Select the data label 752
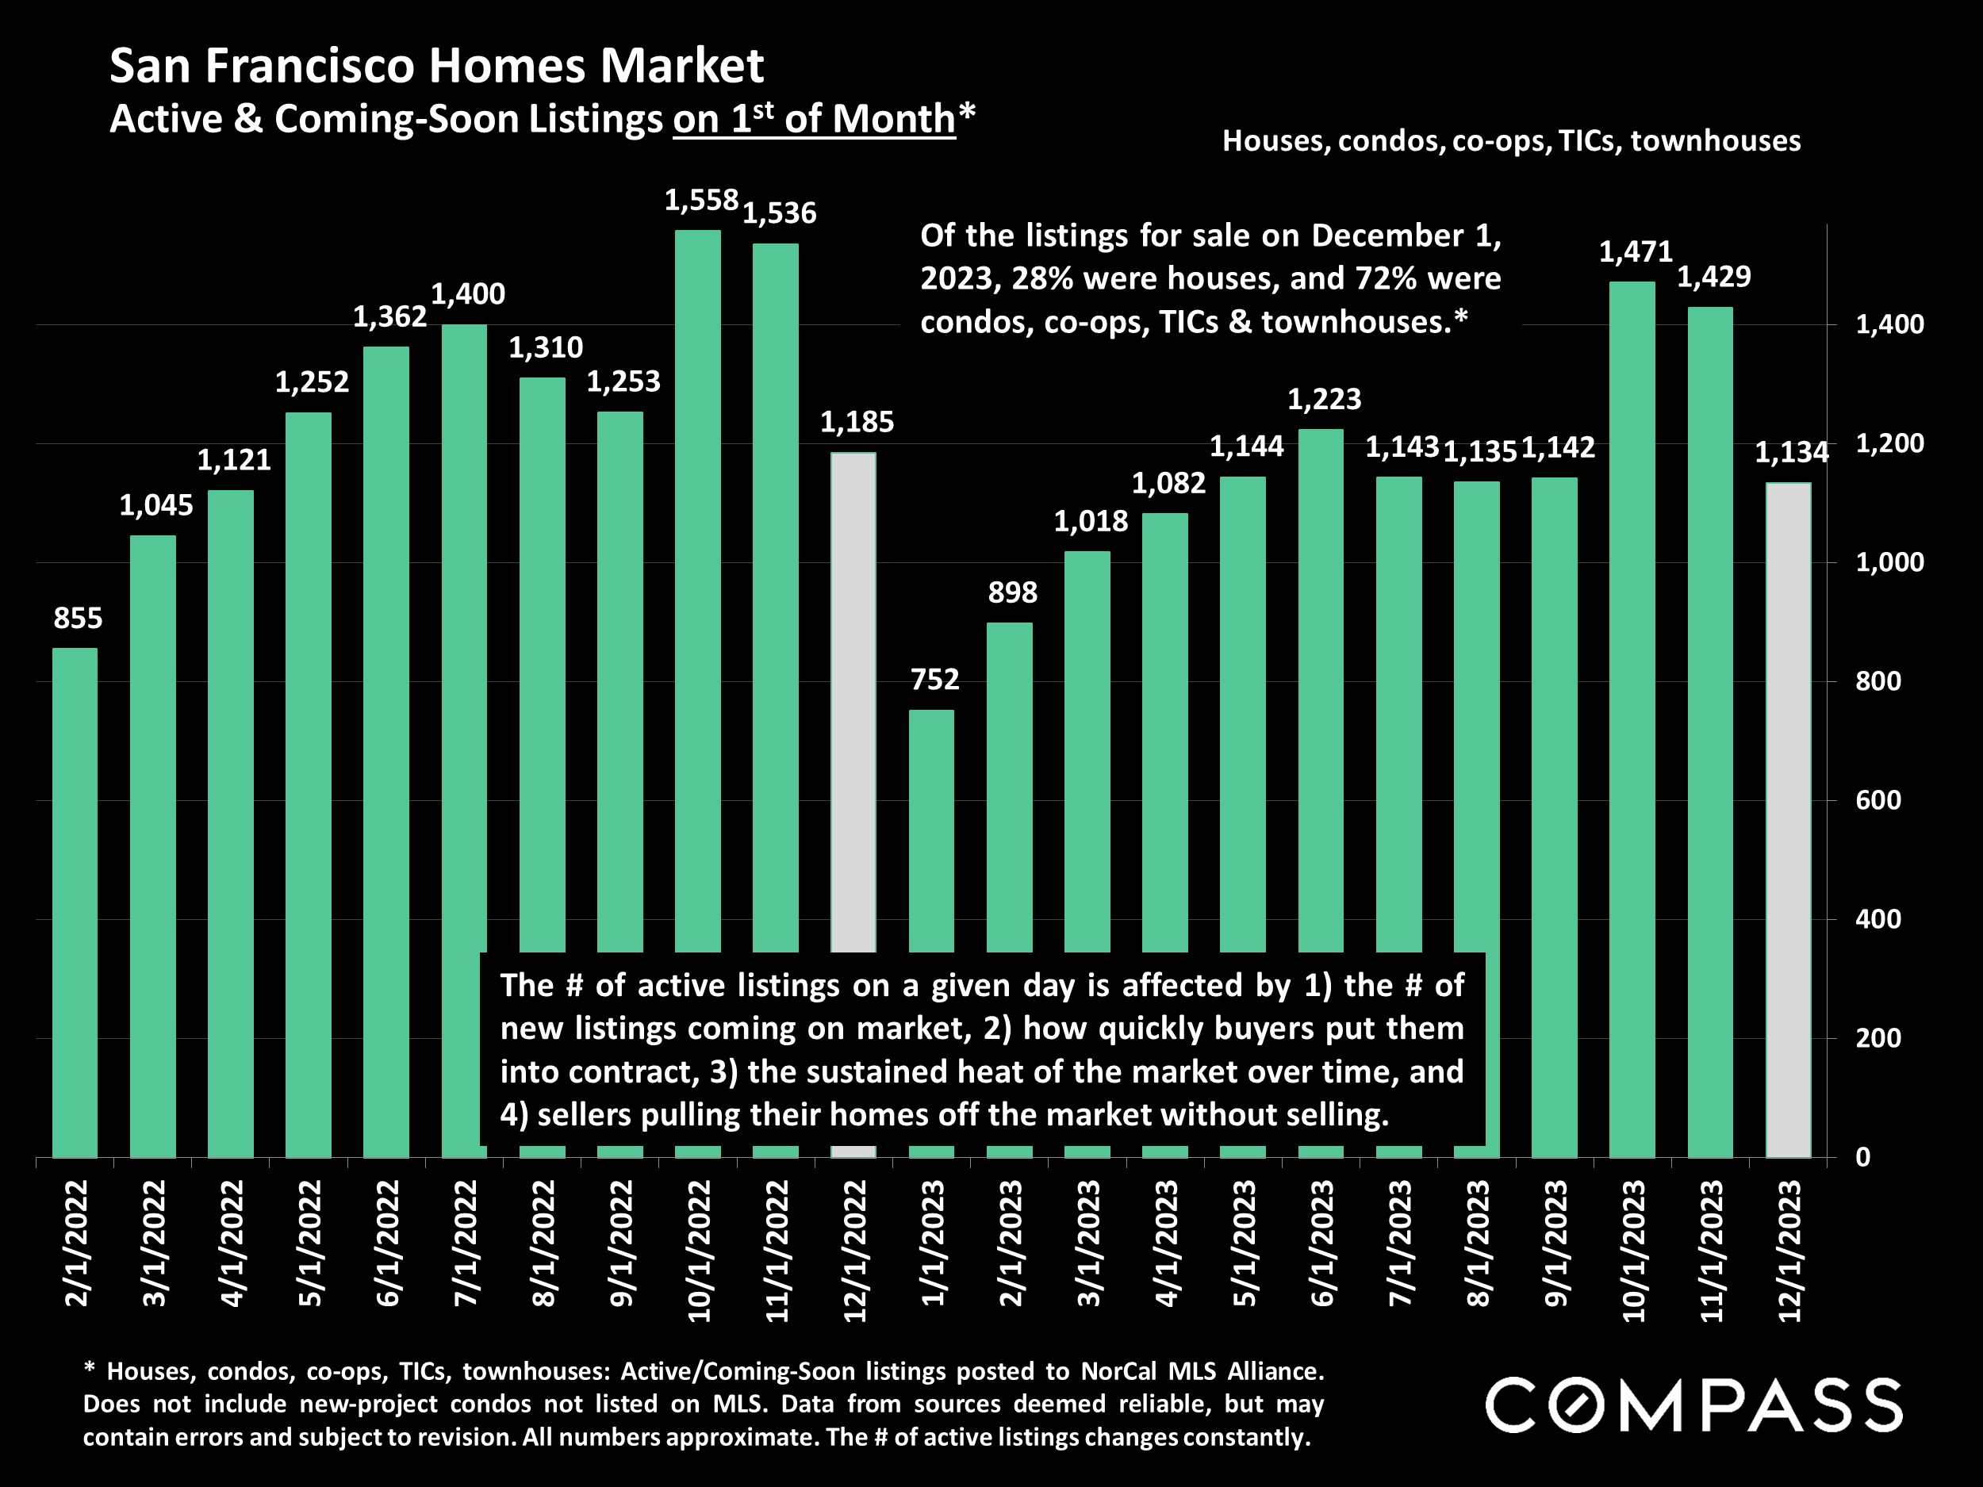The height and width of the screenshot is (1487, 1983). pos(934,680)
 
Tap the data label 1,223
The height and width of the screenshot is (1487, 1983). pos(1324,399)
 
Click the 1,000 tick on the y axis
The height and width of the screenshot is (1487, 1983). pos(1889,562)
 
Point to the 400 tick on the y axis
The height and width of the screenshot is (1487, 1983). pos(1878,918)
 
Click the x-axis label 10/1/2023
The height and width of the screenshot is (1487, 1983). pos(1633,1251)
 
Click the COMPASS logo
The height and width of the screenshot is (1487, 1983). pos(1693,1405)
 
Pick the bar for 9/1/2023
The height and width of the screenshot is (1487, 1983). pos(1554,815)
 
